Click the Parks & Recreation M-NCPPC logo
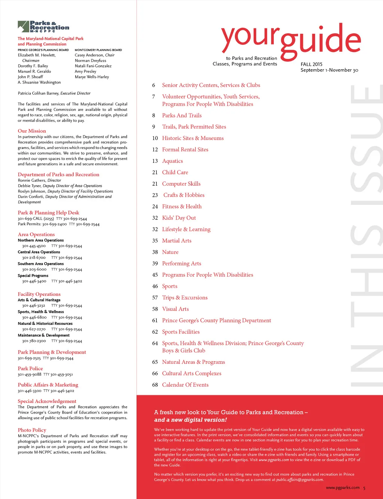click(x=43, y=27)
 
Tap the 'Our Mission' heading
click(x=32, y=131)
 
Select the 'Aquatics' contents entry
click(x=172, y=161)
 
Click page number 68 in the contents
click(x=155, y=385)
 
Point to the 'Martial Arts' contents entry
click(x=177, y=241)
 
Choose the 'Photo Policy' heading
click(x=32, y=430)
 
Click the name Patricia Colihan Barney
click(x=39, y=93)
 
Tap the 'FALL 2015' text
click(x=311, y=64)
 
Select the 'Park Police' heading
click(x=30, y=368)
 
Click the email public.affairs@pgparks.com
click(x=300, y=480)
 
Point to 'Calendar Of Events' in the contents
click(x=185, y=385)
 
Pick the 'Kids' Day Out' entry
click(x=179, y=218)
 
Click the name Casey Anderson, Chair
click(x=95, y=55)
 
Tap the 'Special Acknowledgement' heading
click(x=47, y=401)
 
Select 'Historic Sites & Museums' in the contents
click(x=193, y=138)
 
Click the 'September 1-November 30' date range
click(x=329, y=70)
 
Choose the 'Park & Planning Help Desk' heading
click(x=48, y=213)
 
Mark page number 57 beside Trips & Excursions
click(x=155, y=298)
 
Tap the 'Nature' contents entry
click(x=170, y=252)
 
